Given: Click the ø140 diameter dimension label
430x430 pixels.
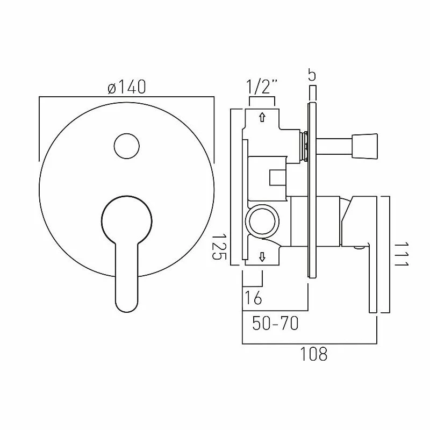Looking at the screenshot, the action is coord(127,87).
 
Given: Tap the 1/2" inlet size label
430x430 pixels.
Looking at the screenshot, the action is coord(262,87).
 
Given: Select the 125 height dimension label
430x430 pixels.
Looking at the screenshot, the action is coord(219,247).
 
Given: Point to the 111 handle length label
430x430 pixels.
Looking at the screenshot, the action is coord(402,254).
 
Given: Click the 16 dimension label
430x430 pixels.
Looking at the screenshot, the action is coord(253,298).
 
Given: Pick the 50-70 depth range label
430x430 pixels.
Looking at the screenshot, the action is coord(275,323).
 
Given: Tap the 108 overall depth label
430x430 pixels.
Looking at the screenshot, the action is coord(314,354).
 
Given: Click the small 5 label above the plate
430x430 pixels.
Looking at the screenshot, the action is coord(312,75).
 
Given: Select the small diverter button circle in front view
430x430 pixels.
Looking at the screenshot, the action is coord(127,146).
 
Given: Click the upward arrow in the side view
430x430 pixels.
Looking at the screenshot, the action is coord(262,117).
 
